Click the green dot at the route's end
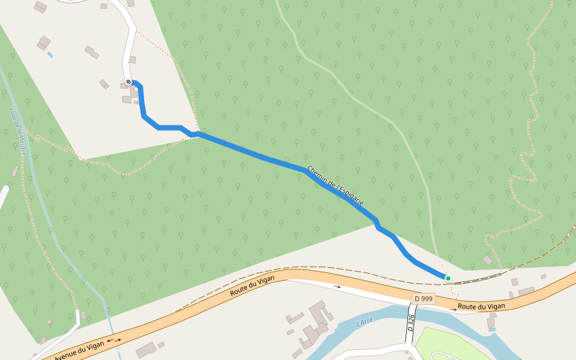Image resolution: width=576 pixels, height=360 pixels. (x=448, y=278)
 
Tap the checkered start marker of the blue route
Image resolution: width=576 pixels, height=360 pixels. (x=128, y=82)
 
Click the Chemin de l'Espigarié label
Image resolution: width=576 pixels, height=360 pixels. (x=336, y=186)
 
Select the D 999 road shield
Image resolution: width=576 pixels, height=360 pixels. (x=423, y=298)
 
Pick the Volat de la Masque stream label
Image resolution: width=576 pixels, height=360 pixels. (x=18, y=131)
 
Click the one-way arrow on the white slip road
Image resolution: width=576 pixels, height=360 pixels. (x=337, y=287)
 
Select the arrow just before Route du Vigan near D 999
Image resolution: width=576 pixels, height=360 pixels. (x=453, y=309)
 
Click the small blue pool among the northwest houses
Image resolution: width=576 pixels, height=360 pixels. (x=50, y=55)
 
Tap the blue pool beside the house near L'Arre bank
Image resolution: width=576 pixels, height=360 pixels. (x=492, y=329)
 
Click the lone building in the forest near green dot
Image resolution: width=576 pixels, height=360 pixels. (x=487, y=260)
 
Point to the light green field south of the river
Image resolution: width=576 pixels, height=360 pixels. (x=456, y=345)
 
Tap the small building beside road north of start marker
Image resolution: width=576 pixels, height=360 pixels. (x=132, y=59)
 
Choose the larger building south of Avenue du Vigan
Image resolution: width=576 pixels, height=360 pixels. (x=146, y=350)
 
